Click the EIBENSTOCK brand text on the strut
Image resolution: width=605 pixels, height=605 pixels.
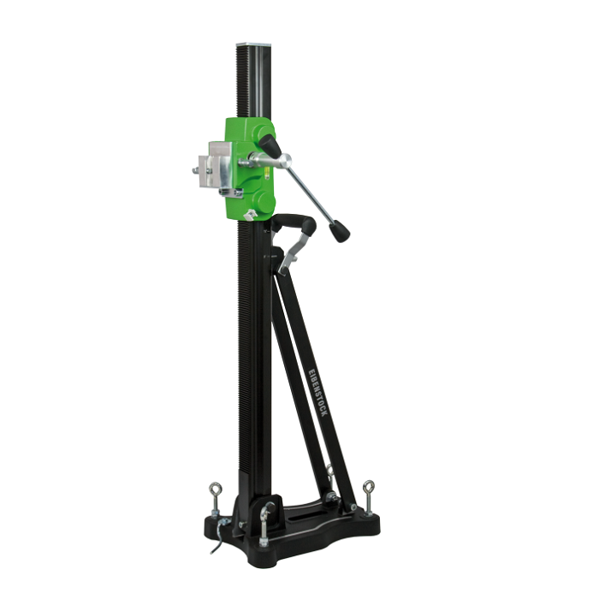pyautogui.click(x=319, y=393)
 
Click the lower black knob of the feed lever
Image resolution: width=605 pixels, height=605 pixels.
pyautogui.click(x=340, y=231)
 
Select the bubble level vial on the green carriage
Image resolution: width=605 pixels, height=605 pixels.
pyautogui.click(x=266, y=172)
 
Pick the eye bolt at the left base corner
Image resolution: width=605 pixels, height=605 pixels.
pyautogui.click(x=214, y=498)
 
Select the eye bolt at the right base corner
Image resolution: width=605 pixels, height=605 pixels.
pyautogui.click(x=369, y=495)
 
